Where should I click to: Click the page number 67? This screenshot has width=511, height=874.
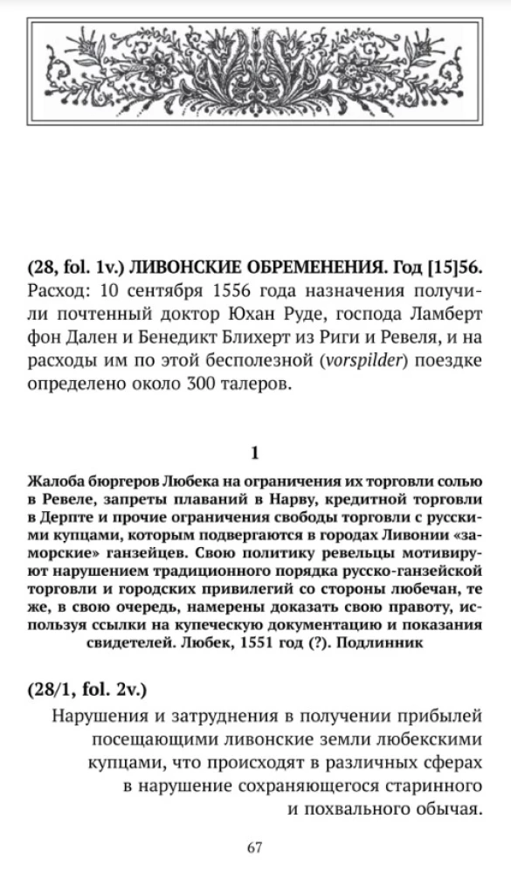pos(254,847)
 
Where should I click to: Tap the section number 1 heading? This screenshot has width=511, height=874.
pos(254,453)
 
